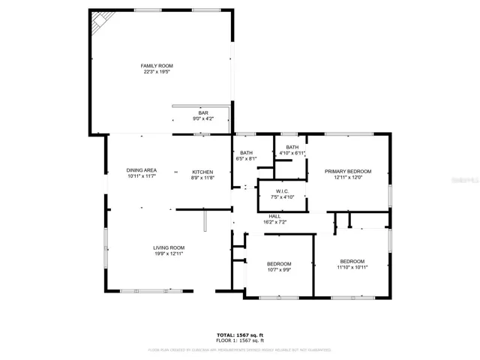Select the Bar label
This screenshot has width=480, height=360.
pyautogui.click(x=182, y=112)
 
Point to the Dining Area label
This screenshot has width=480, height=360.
pyautogui.click(x=142, y=170)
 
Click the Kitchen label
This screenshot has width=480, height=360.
pyautogui.click(x=202, y=171)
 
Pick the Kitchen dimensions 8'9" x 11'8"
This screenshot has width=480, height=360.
pyautogui.click(x=202, y=177)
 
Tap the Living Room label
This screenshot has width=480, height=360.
pyautogui.click(x=169, y=247)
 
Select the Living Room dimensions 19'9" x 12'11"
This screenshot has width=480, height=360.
pyautogui.click(x=169, y=253)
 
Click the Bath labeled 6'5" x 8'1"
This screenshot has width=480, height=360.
pyautogui.click(x=246, y=153)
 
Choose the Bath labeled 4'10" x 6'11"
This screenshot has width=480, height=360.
pyautogui.click(x=292, y=147)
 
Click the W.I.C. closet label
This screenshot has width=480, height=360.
pyautogui.click(x=283, y=190)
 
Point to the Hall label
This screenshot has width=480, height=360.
pyautogui.click(x=274, y=216)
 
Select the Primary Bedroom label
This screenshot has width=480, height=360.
pyautogui.click(x=348, y=171)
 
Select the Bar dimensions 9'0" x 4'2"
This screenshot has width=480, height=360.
pyautogui.click(x=182, y=118)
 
